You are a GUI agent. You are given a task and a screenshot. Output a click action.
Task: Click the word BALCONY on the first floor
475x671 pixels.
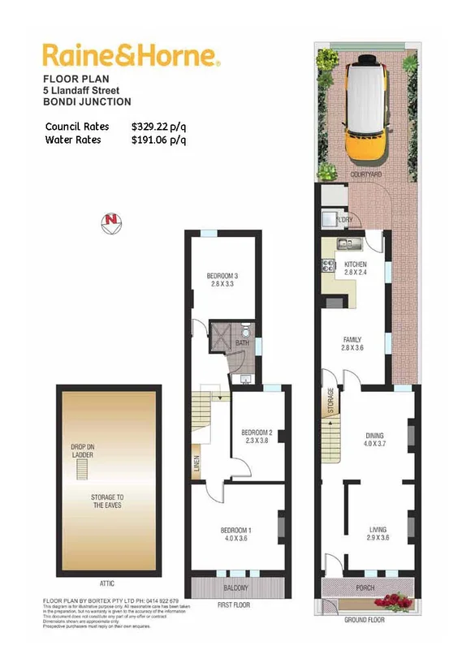pos(236,587)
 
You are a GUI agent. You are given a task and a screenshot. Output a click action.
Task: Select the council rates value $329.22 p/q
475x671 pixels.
pos(159,127)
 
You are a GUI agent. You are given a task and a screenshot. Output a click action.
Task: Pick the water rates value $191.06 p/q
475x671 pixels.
pos(159,140)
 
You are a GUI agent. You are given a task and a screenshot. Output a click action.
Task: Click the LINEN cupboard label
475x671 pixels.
pos(197,466)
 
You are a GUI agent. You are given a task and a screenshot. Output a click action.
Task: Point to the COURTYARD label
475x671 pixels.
pos(366,174)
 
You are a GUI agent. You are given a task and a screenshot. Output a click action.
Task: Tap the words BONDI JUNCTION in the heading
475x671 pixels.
pos(87,102)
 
